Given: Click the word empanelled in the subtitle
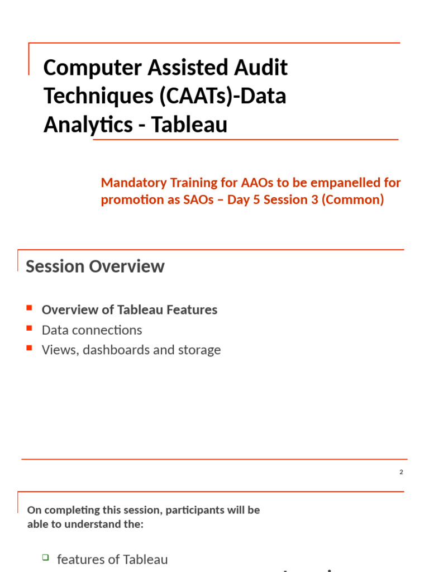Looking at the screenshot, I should coord(333,183).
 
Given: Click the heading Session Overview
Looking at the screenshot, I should coord(95,266).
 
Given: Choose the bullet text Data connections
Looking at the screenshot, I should coord(92,330).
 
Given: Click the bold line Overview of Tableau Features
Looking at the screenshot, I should coord(130,309).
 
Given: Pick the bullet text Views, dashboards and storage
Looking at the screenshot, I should coord(131,350).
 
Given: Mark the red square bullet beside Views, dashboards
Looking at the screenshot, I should coord(30,348).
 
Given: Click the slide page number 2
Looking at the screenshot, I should coord(401,472).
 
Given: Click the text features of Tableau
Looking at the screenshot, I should coord(112,560).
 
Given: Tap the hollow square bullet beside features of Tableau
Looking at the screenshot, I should coord(46,557).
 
